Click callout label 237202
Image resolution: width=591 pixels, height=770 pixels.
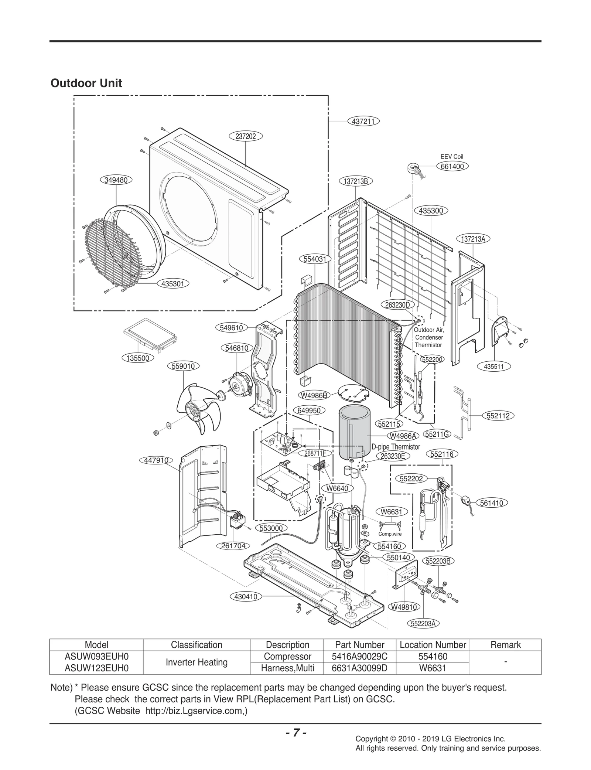coord(246,136)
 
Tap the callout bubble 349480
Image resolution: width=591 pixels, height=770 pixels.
coord(116,180)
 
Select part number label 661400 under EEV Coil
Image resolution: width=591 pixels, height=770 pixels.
coord(452,167)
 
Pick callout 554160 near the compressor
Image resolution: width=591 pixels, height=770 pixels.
coord(389,546)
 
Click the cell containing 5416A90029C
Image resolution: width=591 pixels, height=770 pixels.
coord(359,657)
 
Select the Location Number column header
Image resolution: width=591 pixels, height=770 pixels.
coord(433,645)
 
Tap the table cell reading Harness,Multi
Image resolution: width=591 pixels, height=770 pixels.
coord(287,668)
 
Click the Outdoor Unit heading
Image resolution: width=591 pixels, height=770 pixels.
coord(86,83)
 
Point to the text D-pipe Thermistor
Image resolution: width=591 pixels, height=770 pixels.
coord(396,447)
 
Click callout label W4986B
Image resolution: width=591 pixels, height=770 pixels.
coord(314,396)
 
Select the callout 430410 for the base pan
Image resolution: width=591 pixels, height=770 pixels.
coord(246,597)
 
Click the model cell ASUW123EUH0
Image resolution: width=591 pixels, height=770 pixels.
coord(96,668)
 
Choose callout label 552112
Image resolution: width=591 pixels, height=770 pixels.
coord(498,416)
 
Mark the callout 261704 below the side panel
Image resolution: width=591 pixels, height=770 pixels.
coord(233,546)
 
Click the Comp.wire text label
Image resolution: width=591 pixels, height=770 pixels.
coord(390,534)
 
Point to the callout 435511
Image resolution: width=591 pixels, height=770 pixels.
coord(493,367)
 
